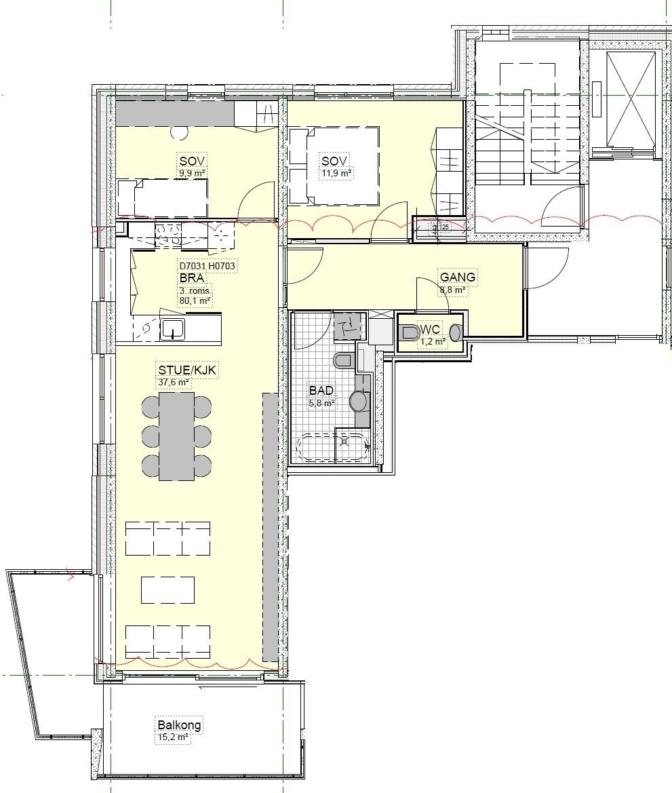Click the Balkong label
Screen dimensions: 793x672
178,724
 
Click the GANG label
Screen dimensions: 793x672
458,277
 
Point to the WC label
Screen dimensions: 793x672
431,330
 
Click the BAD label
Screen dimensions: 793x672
321,391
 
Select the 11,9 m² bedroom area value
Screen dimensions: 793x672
336,174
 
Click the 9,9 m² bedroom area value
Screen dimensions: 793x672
192,174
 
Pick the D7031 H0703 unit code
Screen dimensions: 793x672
207,267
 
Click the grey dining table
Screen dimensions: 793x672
177,436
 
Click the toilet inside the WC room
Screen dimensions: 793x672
410,333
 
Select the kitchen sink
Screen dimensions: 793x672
173,328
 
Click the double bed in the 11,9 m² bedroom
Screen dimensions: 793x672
334,166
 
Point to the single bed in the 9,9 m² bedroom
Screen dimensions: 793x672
163,197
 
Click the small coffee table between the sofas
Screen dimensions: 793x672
168,589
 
